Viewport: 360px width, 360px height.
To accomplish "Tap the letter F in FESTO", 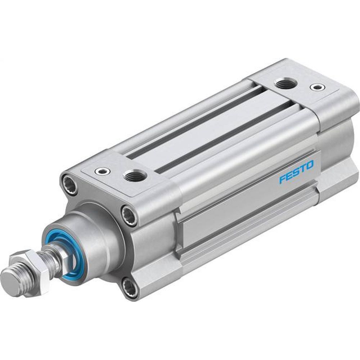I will click(283, 179).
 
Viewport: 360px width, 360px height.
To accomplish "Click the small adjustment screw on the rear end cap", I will click(316, 87).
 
